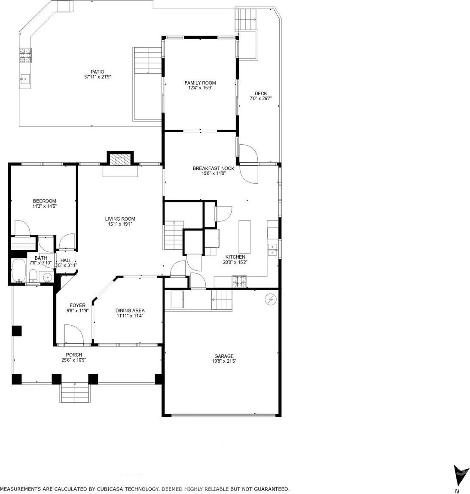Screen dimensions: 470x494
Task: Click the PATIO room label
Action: [98, 72]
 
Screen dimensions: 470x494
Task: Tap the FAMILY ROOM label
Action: [200, 83]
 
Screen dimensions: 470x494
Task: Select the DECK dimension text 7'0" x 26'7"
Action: [260, 98]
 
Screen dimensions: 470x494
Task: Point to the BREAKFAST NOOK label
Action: [214, 168]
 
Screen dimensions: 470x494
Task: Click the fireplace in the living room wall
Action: [120, 161]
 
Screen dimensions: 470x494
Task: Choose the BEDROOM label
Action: [45, 201]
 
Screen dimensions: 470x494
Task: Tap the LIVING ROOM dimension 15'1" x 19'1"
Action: [120, 224]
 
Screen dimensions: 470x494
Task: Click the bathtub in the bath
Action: [19, 271]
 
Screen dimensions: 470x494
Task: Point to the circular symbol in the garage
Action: [271, 300]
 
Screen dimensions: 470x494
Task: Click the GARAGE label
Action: [224, 356]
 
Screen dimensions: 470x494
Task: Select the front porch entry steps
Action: [75, 393]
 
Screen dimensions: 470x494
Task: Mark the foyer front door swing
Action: [74, 334]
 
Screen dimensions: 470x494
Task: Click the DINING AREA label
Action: [130, 310]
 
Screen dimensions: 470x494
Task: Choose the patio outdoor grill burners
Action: [25, 55]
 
